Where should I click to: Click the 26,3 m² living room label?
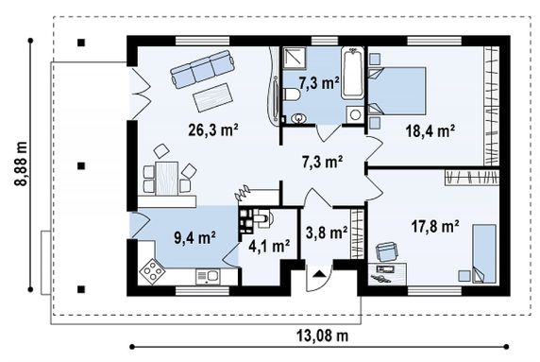[x=213, y=130]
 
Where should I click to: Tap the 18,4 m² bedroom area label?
[x=430, y=131]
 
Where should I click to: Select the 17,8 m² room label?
[x=435, y=227]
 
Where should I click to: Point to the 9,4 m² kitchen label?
[x=194, y=238]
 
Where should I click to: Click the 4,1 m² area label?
[x=269, y=246]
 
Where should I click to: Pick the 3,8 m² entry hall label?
[x=327, y=233]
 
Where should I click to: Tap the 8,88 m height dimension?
[x=21, y=164]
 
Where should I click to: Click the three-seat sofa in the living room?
[x=203, y=69]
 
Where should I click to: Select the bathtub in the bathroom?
[x=352, y=73]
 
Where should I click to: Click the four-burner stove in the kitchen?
[x=152, y=270]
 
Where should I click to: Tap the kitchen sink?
[x=208, y=277]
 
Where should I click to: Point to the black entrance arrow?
[x=320, y=274]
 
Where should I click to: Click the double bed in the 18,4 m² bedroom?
[x=397, y=91]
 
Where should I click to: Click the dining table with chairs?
[x=168, y=174]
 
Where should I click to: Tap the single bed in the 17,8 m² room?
[x=484, y=254]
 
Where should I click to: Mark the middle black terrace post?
[x=81, y=166]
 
